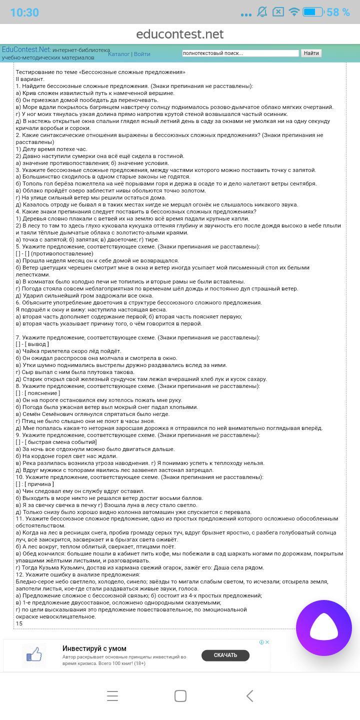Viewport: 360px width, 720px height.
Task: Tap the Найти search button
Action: pos(311,53)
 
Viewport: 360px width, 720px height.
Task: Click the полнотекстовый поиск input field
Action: pos(240,53)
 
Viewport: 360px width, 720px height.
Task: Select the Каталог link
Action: pos(118,54)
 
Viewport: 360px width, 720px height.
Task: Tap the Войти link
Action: pos(142,54)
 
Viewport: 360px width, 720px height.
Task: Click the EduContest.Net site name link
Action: pos(26,49)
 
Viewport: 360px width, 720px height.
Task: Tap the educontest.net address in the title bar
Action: pos(180,34)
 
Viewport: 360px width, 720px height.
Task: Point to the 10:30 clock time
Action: pos(24,12)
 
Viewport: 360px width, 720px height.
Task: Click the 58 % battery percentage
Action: pos(338,12)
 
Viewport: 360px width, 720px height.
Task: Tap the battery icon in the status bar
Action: pos(313,12)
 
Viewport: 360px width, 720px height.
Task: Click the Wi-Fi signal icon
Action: pos(294,12)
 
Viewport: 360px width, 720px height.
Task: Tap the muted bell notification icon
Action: pos(262,12)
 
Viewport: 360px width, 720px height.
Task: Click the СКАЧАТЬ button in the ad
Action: pos(225,655)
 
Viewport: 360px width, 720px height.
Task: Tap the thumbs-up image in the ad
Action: pos(34,655)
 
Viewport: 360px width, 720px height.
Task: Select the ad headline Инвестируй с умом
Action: pos(94,648)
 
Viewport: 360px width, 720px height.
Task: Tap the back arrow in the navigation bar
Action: pos(249,695)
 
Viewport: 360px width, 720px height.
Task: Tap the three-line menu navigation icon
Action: pos(112,695)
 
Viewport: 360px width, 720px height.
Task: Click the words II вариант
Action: pos(30,79)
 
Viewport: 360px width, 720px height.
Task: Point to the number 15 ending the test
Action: pos(19,623)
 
